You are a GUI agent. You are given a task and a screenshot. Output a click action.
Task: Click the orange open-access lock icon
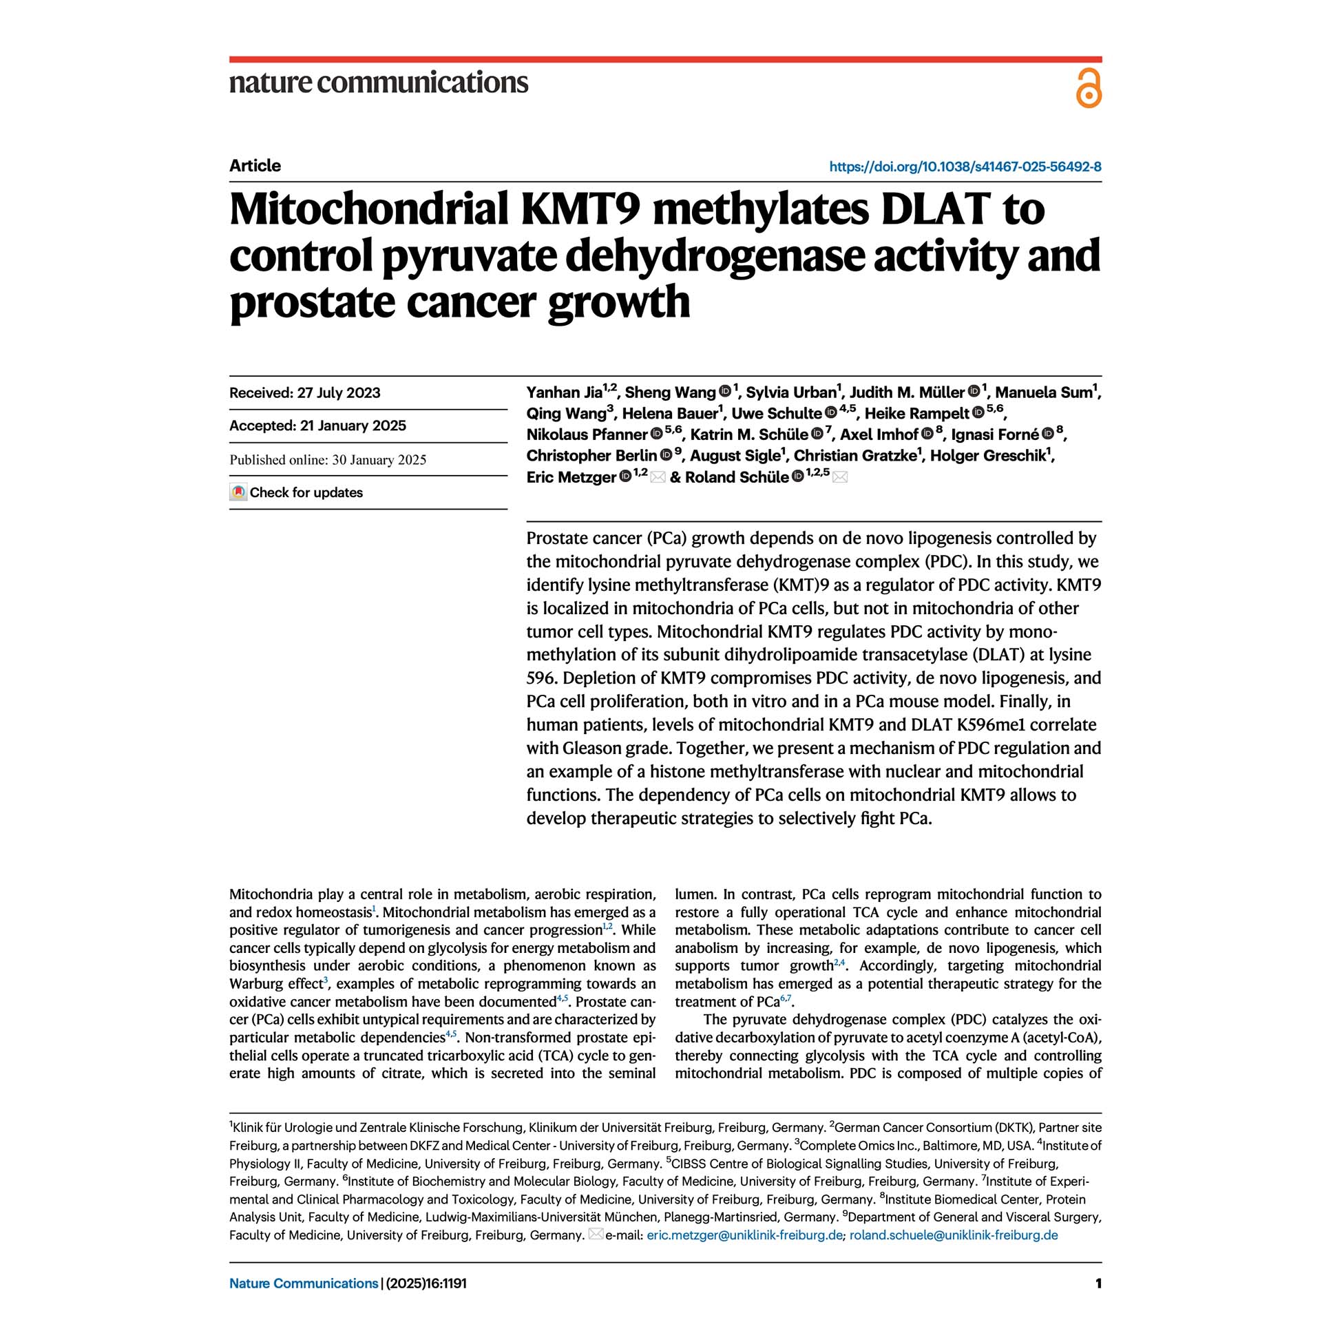coord(1088,88)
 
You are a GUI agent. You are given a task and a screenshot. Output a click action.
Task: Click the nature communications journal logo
coord(379,82)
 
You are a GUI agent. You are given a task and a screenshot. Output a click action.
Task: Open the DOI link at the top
coord(965,167)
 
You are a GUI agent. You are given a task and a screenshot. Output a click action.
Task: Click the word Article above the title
coord(255,166)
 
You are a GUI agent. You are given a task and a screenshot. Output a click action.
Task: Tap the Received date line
coord(304,393)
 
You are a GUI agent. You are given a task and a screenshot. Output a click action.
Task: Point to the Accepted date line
coord(317,426)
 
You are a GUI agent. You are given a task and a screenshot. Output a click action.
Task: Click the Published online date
coord(328,460)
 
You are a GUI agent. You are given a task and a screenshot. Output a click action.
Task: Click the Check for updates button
coord(297,492)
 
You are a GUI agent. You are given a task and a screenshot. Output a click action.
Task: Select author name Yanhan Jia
coord(564,392)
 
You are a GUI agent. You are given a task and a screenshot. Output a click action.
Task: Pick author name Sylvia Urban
coord(790,392)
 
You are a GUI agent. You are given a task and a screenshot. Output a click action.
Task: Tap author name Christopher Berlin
coord(591,456)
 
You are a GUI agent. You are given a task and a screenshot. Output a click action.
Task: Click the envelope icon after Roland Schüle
coord(839,477)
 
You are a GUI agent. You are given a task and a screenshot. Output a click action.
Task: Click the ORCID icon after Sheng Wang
coord(725,392)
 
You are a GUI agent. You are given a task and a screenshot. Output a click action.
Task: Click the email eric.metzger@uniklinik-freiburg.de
coord(744,1235)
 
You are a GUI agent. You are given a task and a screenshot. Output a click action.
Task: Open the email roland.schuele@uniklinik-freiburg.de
coord(954,1235)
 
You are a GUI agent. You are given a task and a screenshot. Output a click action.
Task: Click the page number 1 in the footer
coord(1098,1283)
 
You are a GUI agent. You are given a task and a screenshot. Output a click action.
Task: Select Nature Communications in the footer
coord(304,1283)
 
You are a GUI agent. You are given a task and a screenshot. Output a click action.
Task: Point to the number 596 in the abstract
coord(541,678)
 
